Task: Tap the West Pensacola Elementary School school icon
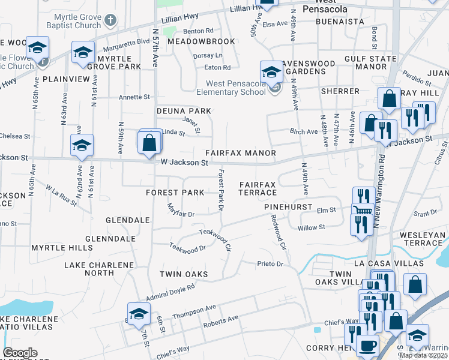(x=271, y=72)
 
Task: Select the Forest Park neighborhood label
(x=175, y=193)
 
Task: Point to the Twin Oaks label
(x=183, y=274)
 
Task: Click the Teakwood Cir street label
(x=215, y=238)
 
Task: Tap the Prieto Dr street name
(x=270, y=263)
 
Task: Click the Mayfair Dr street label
(x=181, y=211)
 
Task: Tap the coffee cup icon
(x=367, y=345)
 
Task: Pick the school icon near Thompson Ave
(x=139, y=313)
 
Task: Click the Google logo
(x=20, y=353)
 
